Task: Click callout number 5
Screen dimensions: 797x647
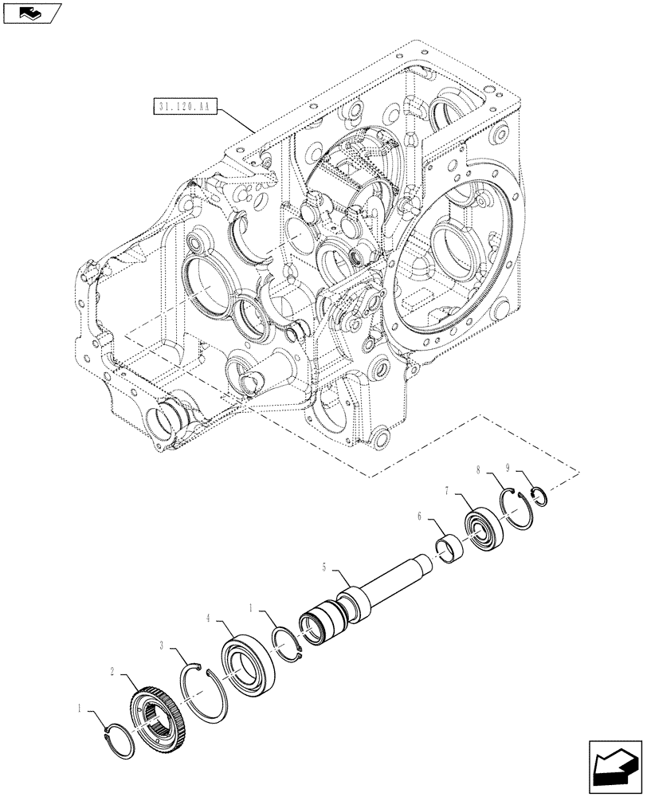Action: tap(324, 567)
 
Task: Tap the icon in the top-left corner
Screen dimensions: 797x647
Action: tap(31, 13)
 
